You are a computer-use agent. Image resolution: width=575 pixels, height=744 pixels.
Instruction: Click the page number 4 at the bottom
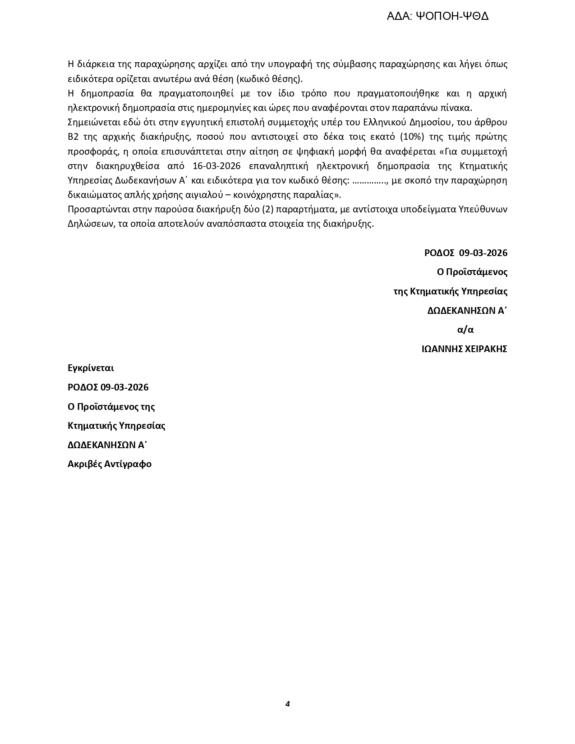click(287, 704)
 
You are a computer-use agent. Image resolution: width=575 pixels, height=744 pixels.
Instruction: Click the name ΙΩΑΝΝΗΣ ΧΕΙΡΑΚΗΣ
click(464, 349)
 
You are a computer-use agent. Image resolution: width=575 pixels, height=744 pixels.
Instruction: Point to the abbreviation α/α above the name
click(465, 330)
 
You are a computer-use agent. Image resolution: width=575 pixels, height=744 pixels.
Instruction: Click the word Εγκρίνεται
click(91, 368)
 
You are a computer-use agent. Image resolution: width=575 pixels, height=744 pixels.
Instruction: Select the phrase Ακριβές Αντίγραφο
click(110, 464)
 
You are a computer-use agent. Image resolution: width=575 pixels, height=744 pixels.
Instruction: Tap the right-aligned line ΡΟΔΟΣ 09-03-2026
click(465, 253)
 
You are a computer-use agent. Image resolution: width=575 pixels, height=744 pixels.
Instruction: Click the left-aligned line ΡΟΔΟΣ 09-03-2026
click(108, 387)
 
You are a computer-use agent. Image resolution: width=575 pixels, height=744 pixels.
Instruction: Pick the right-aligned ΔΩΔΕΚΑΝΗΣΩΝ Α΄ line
click(467, 311)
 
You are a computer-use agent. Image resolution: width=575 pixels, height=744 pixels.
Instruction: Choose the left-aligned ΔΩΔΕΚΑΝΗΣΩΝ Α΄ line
click(107, 445)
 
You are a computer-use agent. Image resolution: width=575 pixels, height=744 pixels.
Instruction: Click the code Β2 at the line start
click(73, 137)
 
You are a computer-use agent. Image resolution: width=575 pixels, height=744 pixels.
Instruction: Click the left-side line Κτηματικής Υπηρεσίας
click(116, 426)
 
